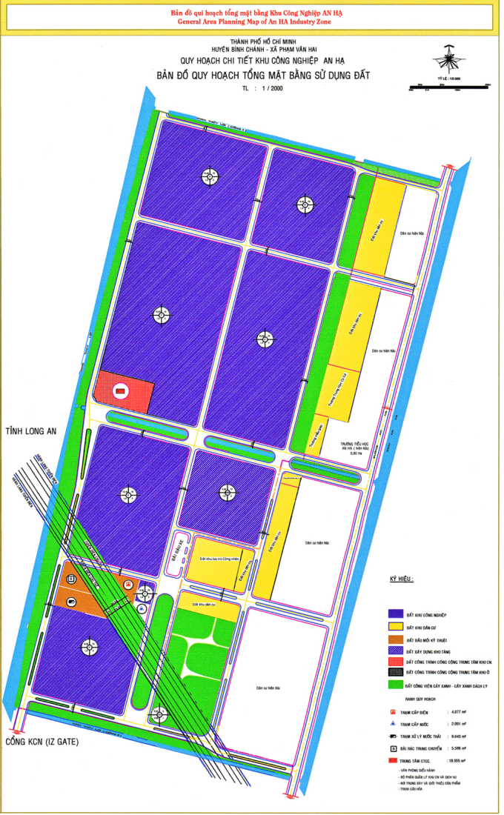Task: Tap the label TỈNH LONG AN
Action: pos(32,431)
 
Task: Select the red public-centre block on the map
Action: pos(125,390)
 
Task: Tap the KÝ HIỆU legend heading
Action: pos(401,579)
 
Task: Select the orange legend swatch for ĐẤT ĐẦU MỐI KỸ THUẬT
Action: pos(397,638)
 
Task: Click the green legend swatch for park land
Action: pos(397,685)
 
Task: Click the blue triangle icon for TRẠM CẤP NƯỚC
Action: pos(392,723)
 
